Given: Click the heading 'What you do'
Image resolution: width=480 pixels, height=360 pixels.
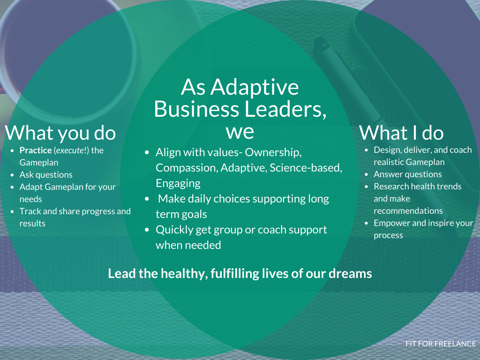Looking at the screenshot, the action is [x=60, y=133].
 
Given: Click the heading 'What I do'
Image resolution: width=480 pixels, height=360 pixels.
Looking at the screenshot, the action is [x=401, y=133].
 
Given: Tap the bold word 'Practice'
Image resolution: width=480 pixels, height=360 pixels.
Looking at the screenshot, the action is [x=36, y=150].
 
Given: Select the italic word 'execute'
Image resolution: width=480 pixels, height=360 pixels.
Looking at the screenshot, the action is [x=70, y=150].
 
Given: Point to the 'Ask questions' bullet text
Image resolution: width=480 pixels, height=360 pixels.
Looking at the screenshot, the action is [x=46, y=174].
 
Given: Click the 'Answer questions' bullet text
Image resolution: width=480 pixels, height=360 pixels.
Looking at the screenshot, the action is [x=407, y=174].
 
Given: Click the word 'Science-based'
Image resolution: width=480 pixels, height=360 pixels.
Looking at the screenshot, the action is [x=306, y=168].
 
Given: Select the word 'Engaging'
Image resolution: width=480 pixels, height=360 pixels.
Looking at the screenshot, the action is [x=178, y=183].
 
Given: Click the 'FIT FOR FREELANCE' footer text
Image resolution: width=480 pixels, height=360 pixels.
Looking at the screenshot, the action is [x=441, y=344].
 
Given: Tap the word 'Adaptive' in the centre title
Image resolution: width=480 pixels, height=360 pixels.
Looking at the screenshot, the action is [x=255, y=87].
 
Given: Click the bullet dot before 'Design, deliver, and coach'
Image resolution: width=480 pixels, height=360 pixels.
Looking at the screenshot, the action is [x=366, y=150].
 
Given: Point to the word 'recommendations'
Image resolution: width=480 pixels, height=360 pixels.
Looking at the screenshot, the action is [x=408, y=211].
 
